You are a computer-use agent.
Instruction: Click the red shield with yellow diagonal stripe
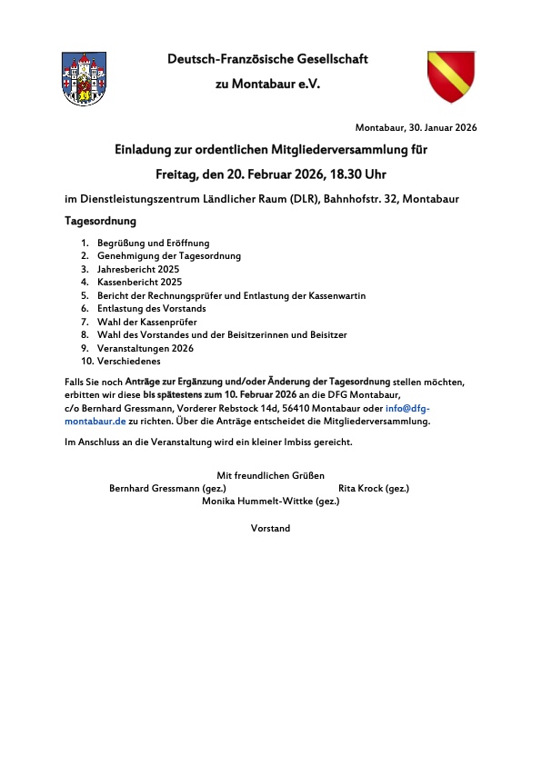[x=451, y=76]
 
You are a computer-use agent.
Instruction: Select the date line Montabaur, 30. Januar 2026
[x=416, y=128]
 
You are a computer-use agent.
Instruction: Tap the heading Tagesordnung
[x=100, y=221]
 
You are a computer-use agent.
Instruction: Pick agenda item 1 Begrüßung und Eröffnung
[x=154, y=243]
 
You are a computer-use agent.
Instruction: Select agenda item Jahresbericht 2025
[x=138, y=269]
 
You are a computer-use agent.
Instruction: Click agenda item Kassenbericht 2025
[x=139, y=282]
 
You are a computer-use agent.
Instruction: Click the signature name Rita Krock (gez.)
[x=374, y=488]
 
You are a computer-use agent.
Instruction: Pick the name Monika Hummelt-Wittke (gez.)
[x=270, y=501]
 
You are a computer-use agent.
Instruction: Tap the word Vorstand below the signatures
[x=270, y=528]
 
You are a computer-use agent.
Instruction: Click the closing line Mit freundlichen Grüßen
[x=270, y=475]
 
